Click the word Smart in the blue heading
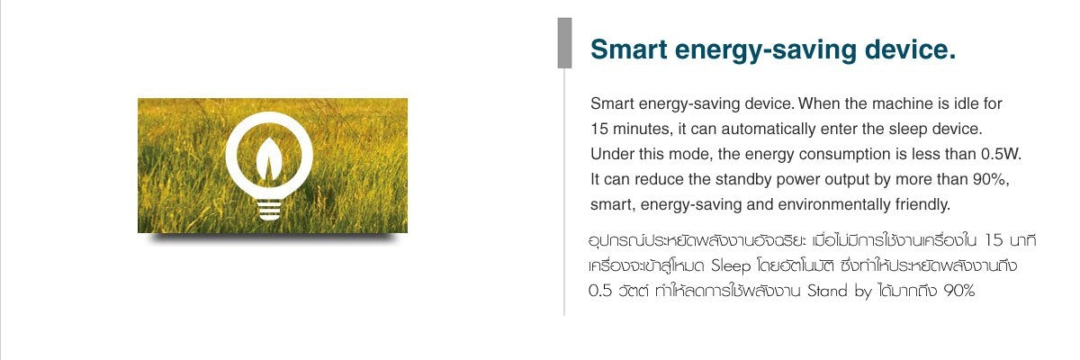coord(629,49)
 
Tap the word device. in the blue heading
coord(910,49)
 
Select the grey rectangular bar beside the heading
coord(564,43)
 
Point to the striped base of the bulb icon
coord(269,210)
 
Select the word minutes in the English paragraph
coord(641,130)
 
